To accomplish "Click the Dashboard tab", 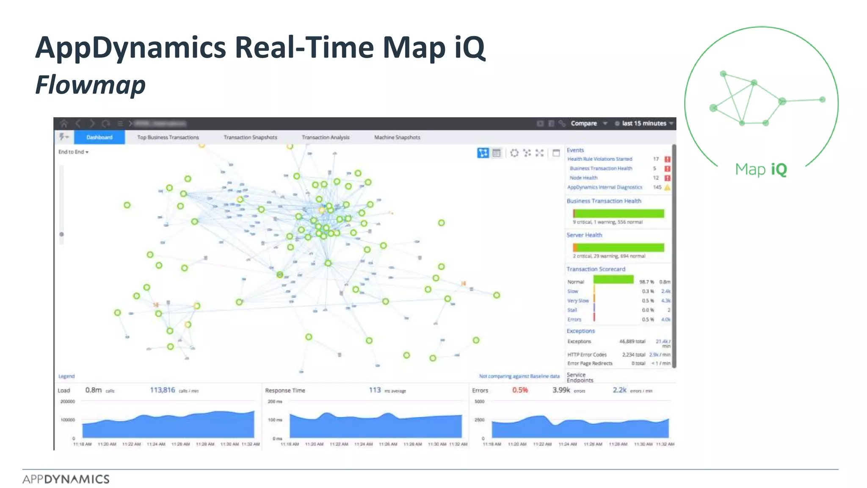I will click(99, 137).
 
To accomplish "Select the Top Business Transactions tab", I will click(168, 137).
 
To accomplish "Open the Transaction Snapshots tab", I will click(250, 137).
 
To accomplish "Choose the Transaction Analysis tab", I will click(326, 137).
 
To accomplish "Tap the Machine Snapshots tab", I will click(397, 137).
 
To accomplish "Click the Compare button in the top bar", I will click(584, 123).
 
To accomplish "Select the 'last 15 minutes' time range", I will click(644, 123).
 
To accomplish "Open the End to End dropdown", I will click(73, 152).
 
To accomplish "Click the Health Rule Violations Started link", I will click(599, 159).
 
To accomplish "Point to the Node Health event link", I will click(583, 178).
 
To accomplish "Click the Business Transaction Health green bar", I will click(618, 213).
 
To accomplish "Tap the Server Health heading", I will click(584, 235).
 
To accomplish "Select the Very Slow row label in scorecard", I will click(578, 301).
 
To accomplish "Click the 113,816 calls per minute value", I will click(163, 390).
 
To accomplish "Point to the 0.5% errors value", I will click(520, 390).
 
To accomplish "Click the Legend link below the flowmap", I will click(66, 376).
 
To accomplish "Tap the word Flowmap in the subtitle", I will click(91, 85).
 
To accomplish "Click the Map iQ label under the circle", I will click(761, 169).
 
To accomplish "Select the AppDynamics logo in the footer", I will click(66, 479).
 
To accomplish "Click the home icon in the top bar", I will click(64, 123).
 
